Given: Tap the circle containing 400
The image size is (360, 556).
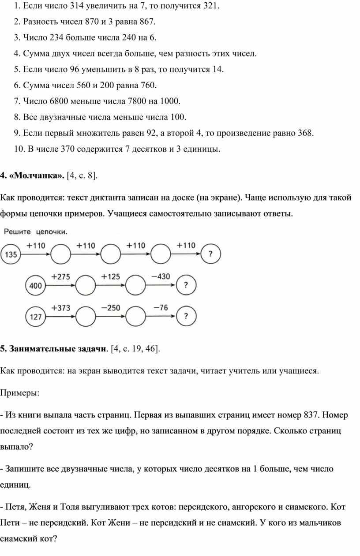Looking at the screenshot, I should [x=36, y=285].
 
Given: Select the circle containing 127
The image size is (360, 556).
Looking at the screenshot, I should [x=36, y=316].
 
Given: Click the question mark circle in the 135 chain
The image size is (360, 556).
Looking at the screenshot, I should [x=210, y=254].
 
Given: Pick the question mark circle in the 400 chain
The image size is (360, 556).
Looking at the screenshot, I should [x=186, y=285].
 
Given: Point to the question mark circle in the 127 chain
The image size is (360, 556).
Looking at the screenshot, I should [x=186, y=316].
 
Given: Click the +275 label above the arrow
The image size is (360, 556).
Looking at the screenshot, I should [x=60, y=277].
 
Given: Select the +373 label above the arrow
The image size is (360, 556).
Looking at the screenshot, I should [x=60, y=308].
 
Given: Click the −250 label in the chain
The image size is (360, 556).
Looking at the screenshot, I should [x=110, y=308].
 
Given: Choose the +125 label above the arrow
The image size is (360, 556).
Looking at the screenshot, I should [x=110, y=277].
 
